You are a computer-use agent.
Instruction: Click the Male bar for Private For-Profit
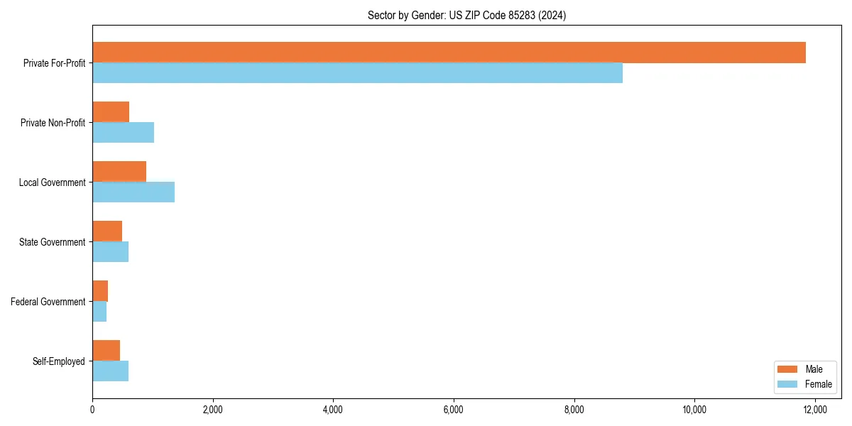[x=449, y=53]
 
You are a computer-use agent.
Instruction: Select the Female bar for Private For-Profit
[x=357, y=73]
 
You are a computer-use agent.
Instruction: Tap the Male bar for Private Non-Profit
[x=111, y=112]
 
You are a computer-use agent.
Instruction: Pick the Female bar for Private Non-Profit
[x=123, y=133]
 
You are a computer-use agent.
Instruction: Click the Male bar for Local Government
[x=119, y=172]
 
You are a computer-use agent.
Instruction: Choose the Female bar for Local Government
[x=133, y=192]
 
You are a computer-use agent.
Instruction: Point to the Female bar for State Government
[x=110, y=252]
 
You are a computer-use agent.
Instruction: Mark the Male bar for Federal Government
[x=100, y=291]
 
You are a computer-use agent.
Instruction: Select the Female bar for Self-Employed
[x=110, y=371]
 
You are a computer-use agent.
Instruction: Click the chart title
[x=466, y=15]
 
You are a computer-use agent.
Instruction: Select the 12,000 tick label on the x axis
[x=814, y=409]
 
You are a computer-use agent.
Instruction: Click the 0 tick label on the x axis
[x=92, y=409]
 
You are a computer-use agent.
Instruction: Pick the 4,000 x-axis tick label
[x=333, y=409]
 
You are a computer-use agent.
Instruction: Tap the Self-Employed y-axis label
[x=59, y=361]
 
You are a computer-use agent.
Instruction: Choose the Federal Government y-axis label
[x=48, y=302]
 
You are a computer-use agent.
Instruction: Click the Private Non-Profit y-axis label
[x=53, y=123]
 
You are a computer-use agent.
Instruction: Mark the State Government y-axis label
[x=53, y=242]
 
